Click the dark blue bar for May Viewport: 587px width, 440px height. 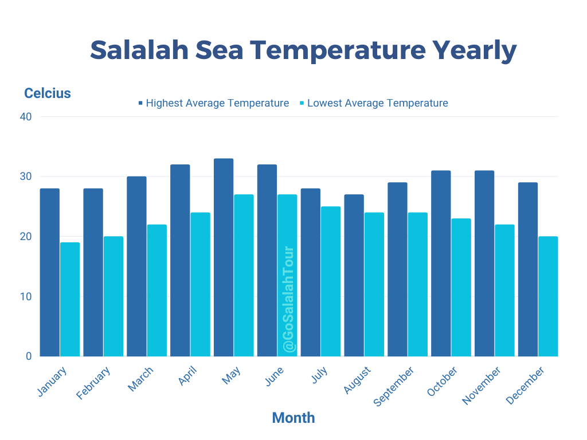[224, 257]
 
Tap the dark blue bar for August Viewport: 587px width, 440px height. [354, 275]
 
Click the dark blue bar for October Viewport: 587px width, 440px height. [441, 263]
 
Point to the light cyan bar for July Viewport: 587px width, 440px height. [330, 281]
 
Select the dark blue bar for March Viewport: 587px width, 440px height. [136, 266]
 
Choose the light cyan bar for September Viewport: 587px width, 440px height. [417, 284]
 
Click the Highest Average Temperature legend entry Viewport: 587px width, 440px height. [213, 103]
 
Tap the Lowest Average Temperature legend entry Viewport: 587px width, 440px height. [374, 103]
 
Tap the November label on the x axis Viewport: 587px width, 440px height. [482, 386]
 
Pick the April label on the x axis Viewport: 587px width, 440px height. [187, 376]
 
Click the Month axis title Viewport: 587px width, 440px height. [293, 418]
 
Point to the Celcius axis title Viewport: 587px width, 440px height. [48, 93]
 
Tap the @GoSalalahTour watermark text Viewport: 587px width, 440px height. [288, 300]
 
